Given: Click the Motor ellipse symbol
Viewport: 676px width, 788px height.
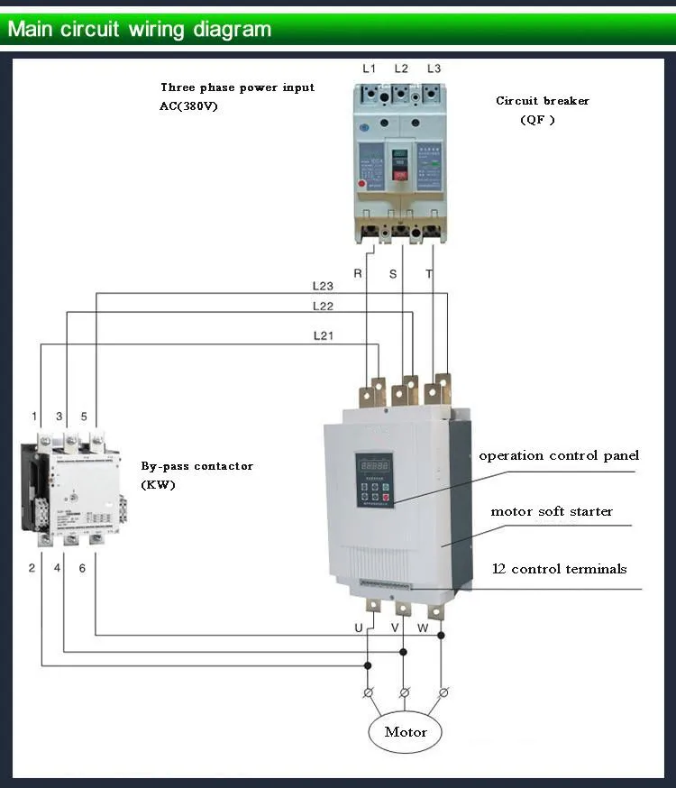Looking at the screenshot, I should [405, 731].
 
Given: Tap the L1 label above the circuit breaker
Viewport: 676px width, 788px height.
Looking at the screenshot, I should [369, 69].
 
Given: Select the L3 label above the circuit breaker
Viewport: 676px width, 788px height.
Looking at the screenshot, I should [434, 69].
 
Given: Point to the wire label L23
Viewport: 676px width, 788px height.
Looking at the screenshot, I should [323, 286].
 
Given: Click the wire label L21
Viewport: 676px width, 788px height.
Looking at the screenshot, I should [323, 335].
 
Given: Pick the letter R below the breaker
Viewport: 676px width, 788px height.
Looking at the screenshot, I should [358, 273].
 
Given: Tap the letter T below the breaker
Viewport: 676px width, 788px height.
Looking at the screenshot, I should [429, 273].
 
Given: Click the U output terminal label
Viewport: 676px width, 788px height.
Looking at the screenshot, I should [358, 627].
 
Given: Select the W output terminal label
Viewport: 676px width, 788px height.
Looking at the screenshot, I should [423, 627].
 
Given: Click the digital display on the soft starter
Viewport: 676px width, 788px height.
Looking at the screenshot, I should [373, 465].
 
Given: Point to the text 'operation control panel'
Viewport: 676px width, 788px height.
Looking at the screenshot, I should [558, 455].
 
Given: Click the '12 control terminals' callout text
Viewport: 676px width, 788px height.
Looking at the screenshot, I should [559, 569].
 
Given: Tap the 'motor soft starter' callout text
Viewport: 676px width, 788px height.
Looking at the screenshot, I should [551, 511].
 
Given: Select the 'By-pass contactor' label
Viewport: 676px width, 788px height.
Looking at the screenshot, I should [196, 466].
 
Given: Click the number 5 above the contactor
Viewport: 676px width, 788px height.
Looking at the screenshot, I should [84, 417].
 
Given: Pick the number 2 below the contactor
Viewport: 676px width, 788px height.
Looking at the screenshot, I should [32, 568].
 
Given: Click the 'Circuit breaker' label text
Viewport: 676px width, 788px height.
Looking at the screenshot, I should [542, 101].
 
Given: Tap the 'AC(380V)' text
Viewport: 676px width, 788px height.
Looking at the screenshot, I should [188, 105].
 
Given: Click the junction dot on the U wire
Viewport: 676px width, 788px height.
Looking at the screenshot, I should [367, 666].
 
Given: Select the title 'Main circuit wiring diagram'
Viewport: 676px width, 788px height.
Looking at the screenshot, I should [140, 29].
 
